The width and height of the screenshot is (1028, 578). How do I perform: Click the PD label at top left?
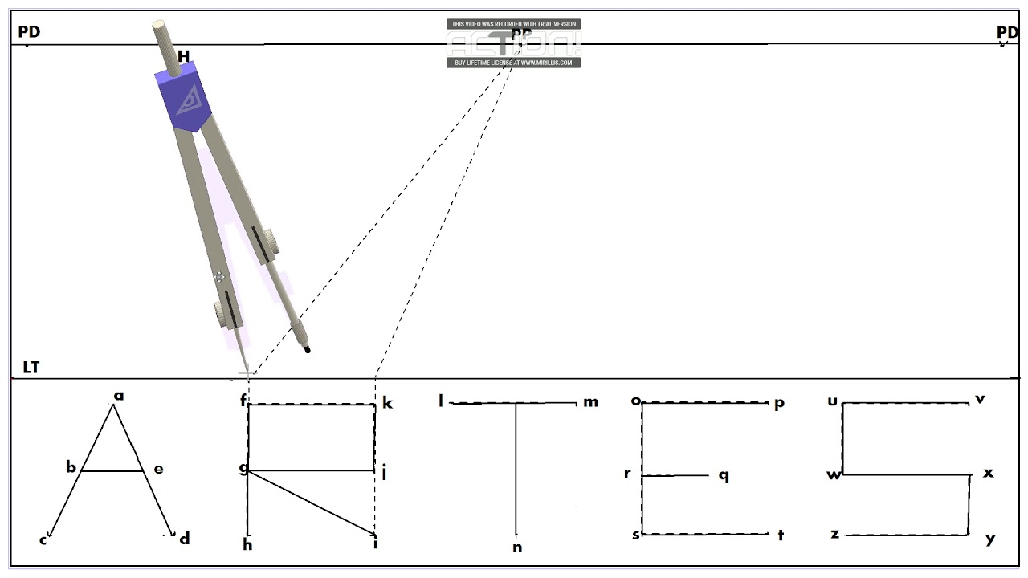tap(29, 32)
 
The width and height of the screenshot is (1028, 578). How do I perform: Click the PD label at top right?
tap(1007, 32)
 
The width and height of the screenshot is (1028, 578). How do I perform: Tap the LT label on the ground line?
tap(31, 368)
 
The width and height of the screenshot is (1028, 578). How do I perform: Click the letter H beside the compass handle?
tap(184, 57)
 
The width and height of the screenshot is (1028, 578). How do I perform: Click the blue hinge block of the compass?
tap(182, 99)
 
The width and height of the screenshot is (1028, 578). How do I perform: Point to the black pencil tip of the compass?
tap(306, 348)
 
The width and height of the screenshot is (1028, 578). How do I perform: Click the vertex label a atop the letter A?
tap(119, 395)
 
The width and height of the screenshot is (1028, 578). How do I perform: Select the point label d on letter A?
tap(185, 539)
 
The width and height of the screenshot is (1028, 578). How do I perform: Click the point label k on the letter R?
tap(387, 403)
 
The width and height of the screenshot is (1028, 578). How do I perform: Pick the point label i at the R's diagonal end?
tap(375, 544)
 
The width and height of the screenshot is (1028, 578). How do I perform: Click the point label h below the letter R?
tap(247, 545)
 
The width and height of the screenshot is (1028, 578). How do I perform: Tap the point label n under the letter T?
tap(517, 548)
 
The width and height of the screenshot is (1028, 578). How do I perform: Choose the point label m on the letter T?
tap(590, 402)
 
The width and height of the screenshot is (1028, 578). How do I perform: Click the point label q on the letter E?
tap(724, 476)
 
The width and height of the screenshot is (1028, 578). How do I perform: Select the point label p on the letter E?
tap(778, 404)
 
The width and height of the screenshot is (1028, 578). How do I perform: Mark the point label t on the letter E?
tap(780, 536)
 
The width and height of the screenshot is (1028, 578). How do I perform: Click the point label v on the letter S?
tap(980, 399)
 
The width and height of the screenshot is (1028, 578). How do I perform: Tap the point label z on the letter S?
tap(835, 534)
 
